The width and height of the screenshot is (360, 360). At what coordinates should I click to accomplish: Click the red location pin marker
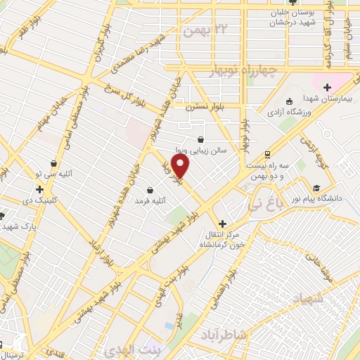pyautogui.click(x=181, y=166)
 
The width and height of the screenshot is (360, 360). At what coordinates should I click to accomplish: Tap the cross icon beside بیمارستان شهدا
pyautogui.click(x=326, y=87)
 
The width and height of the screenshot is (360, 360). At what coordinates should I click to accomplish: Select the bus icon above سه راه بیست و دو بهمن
pyautogui.click(x=266, y=154)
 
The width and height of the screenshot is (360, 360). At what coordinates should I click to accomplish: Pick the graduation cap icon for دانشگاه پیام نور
pyautogui.click(x=317, y=188)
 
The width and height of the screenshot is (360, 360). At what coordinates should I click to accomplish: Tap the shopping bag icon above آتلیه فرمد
pyautogui.click(x=150, y=189)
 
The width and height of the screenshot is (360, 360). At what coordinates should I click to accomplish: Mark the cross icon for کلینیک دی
pyautogui.click(x=39, y=189)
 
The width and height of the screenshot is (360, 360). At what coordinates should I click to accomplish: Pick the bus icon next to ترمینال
pyautogui.click(x=2, y=345)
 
